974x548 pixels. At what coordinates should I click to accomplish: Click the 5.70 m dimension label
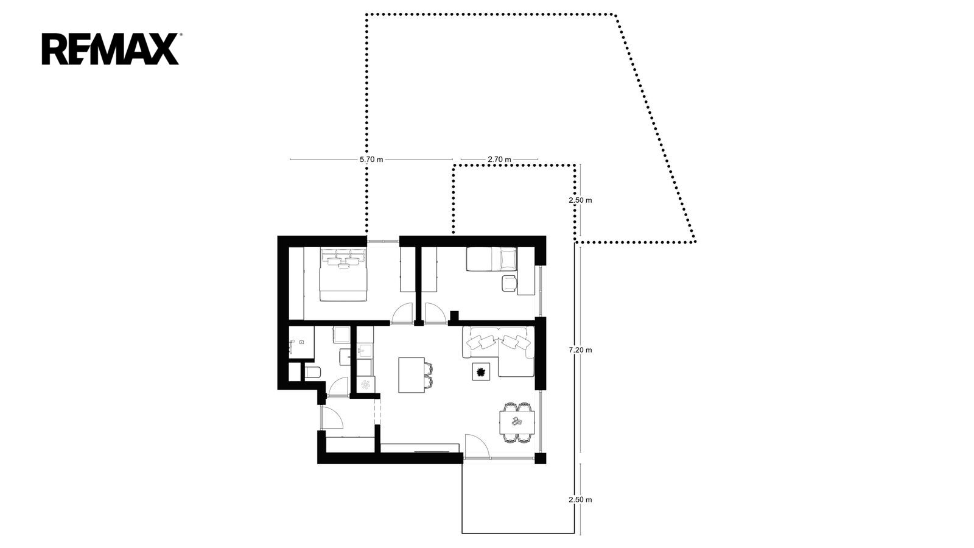371,160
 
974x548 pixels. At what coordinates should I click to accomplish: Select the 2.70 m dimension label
499,160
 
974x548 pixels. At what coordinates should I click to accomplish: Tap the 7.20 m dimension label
581,350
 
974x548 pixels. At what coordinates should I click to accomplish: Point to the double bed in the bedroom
343,274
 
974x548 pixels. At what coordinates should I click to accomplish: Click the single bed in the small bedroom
492,259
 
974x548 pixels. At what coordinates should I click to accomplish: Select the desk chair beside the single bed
509,283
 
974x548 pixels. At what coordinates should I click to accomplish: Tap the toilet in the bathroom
312,372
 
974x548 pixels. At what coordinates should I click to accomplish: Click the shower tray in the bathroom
301,342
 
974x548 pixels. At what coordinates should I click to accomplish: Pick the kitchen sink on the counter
365,351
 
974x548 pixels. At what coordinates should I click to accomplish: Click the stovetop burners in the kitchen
365,384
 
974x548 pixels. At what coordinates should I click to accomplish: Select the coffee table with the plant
481,372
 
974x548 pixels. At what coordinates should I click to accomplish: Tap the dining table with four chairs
517,422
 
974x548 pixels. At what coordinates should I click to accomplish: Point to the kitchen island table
412,375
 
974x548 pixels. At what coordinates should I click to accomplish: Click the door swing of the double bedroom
402,313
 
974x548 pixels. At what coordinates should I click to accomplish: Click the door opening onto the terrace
477,446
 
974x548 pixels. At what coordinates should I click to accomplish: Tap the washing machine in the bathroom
342,335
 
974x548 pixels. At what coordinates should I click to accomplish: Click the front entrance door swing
332,418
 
